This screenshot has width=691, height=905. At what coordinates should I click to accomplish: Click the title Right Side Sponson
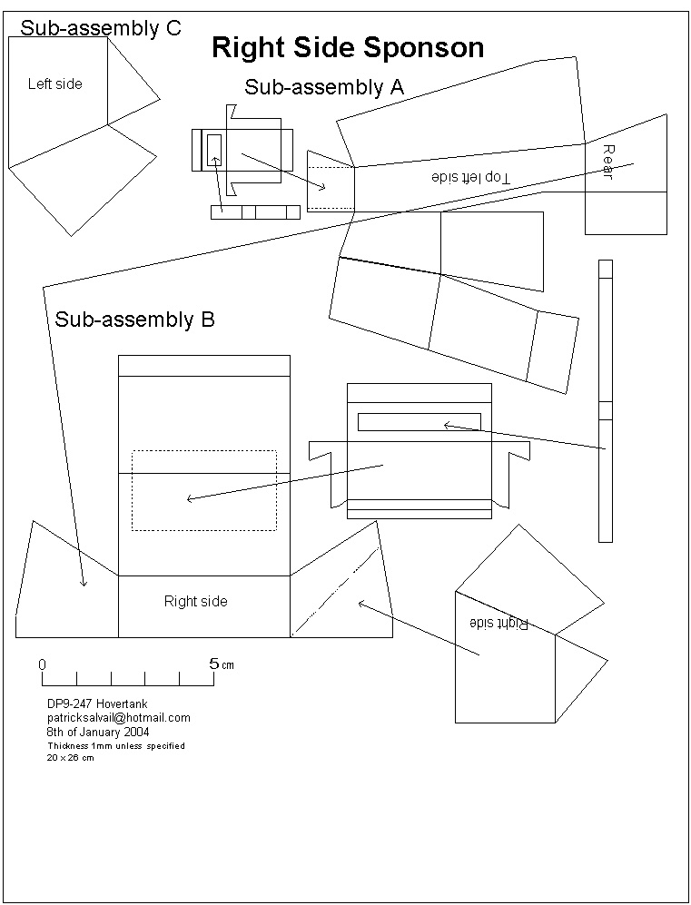348,48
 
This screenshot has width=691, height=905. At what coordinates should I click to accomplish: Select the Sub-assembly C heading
101,28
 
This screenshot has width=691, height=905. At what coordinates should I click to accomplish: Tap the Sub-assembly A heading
324,87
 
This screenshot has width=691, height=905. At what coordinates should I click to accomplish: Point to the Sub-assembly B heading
134,320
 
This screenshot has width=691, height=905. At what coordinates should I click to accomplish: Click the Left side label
54,84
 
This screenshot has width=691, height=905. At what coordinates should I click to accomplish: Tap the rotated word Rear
607,162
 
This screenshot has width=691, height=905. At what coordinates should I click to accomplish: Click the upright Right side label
195,601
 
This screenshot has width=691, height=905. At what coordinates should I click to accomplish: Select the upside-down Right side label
499,623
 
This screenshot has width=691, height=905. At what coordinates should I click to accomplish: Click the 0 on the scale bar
42,664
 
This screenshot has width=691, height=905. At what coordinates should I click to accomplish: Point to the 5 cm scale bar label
221,664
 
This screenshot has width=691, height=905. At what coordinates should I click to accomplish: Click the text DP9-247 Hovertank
97,703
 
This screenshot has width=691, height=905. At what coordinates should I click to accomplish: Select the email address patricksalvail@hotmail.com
118,717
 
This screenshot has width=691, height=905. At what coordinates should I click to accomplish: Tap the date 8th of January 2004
98,732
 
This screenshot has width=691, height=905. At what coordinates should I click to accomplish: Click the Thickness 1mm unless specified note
115,745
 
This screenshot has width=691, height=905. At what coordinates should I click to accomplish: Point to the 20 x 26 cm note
70,758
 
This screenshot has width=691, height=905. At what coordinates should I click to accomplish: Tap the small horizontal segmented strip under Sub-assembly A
255,211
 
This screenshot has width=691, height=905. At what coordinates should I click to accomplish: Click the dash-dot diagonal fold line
334,592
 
